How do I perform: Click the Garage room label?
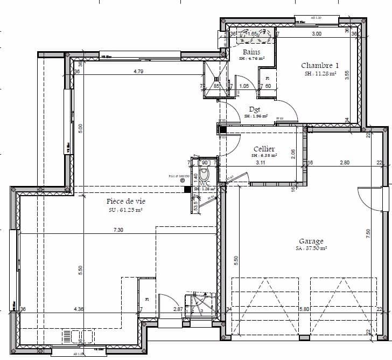311,241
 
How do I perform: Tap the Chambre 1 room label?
320,66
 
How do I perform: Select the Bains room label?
251,52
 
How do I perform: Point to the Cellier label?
264,149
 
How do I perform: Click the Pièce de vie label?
126,201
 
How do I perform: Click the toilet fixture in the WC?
204,174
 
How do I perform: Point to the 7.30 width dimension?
118,230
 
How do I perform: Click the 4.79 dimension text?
139,71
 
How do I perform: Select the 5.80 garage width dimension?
305,309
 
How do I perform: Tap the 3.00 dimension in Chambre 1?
317,34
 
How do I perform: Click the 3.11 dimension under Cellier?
261,162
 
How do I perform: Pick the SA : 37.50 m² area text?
311,248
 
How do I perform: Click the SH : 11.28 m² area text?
320,74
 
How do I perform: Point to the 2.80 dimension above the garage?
345,162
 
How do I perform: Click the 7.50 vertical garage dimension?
368,233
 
